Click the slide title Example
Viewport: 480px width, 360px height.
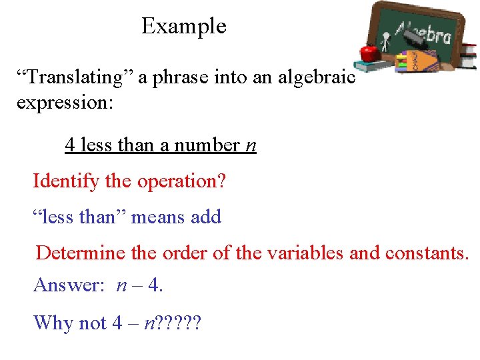[184, 27]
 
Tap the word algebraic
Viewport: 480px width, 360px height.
[316, 77]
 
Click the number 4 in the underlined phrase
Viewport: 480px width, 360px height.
[69, 145]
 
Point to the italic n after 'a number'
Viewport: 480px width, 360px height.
[251, 145]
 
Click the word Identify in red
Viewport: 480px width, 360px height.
[65, 181]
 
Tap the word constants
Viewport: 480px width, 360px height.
[429, 253]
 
